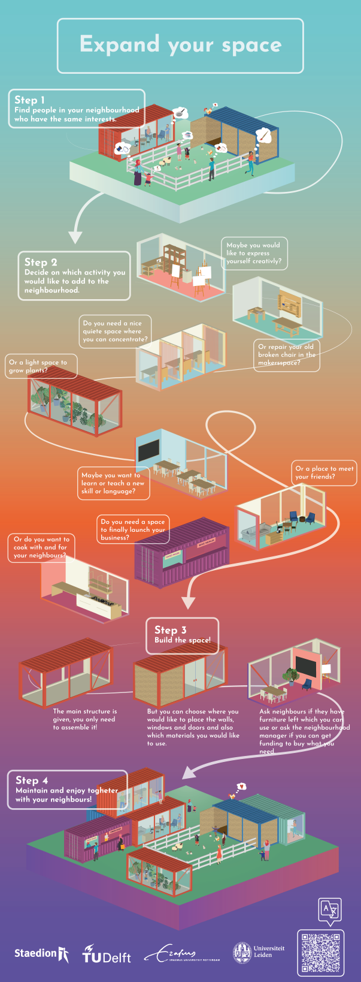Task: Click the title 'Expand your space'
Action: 180,44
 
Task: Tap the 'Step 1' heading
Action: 30,100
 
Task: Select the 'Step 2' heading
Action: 41,262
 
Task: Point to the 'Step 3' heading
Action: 171,630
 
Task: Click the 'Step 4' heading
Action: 32,780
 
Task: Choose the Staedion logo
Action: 41,953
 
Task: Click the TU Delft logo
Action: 107,954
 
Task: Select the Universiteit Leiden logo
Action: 259,951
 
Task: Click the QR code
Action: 321,953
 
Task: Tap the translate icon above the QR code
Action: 330,910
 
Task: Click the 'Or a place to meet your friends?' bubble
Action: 324,472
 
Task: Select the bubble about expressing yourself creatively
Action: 254,253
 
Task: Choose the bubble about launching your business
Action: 133,529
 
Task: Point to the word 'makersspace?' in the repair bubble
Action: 279,363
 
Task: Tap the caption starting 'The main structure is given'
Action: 84,719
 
